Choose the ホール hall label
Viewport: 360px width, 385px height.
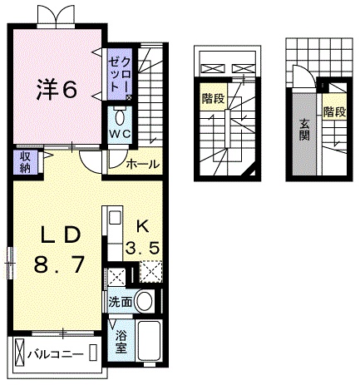142,165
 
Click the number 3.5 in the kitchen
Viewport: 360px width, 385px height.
142,247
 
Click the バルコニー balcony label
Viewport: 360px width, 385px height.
54,354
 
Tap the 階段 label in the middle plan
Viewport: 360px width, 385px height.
212,98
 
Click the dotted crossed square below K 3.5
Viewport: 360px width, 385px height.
150,272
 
